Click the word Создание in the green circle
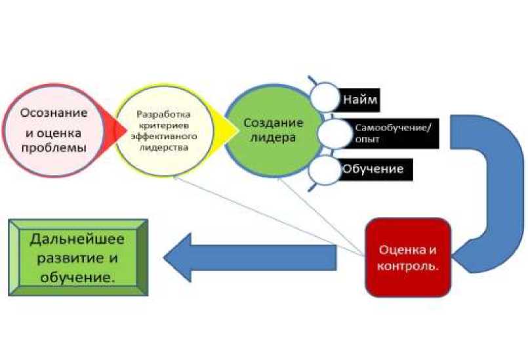273,123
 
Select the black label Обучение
372,169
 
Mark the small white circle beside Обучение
324,170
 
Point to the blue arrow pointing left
249,258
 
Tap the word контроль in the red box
410,268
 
